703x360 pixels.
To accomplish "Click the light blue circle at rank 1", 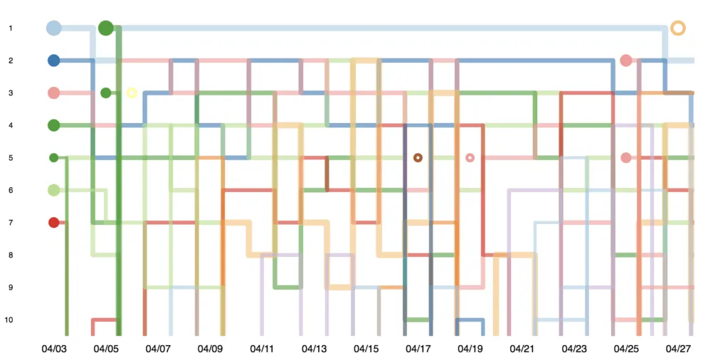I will [x=53, y=28].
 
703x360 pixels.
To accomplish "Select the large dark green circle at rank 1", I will [x=106, y=28].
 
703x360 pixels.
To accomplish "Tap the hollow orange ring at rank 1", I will [x=678, y=28].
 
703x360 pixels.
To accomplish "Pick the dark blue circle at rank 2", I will [x=53, y=60].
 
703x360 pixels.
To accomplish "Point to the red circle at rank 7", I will [x=53, y=223].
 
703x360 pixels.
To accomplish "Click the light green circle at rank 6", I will [x=53, y=190].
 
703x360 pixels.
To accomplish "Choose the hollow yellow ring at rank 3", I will [x=132, y=92].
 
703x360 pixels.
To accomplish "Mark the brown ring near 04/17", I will [x=418, y=157].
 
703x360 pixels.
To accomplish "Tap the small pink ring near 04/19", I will [x=470, y=157].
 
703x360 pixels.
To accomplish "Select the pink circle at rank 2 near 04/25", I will [x=626, y=60].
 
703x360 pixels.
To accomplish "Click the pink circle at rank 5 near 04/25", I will [x=626, y=157].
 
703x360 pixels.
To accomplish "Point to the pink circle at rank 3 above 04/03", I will [x=53, y=92].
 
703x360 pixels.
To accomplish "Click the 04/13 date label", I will [x=314, y=349].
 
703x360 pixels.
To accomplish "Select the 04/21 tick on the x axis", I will [x=522, y=349].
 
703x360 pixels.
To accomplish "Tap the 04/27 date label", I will [x=678, y=349].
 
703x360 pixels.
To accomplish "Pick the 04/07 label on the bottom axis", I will [x=158, y=349].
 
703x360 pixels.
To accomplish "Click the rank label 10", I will [x=9, y=320].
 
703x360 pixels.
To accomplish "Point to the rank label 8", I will [x=11, y=255].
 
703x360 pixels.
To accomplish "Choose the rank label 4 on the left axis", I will [x=11, y=125].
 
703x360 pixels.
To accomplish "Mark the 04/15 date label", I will [x=366, y=349].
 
